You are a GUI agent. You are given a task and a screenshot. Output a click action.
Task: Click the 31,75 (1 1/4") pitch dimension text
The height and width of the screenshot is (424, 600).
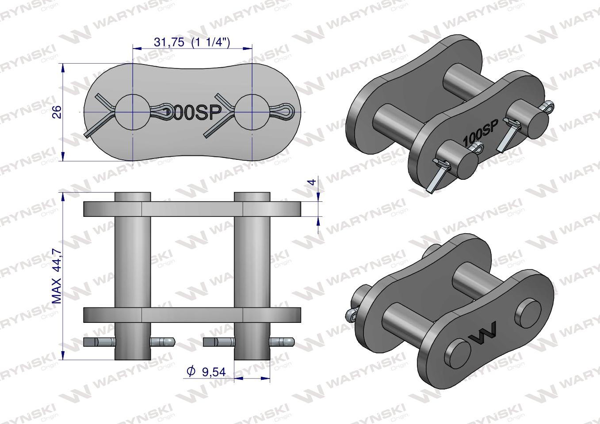click(x=192, y=42)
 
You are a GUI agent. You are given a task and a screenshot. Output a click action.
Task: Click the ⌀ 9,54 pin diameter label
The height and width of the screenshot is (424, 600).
click(x=206, y=372)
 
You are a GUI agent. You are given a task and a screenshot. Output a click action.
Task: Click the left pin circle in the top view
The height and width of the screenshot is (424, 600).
click(x=132, y=112)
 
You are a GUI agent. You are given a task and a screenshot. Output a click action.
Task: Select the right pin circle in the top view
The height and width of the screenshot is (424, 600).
click(x=252, y=112)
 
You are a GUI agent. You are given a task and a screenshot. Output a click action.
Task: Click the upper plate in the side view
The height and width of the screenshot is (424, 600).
click(x=192, y=209)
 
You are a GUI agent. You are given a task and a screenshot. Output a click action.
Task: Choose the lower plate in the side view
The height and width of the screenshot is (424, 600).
click(x=192, y=315)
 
